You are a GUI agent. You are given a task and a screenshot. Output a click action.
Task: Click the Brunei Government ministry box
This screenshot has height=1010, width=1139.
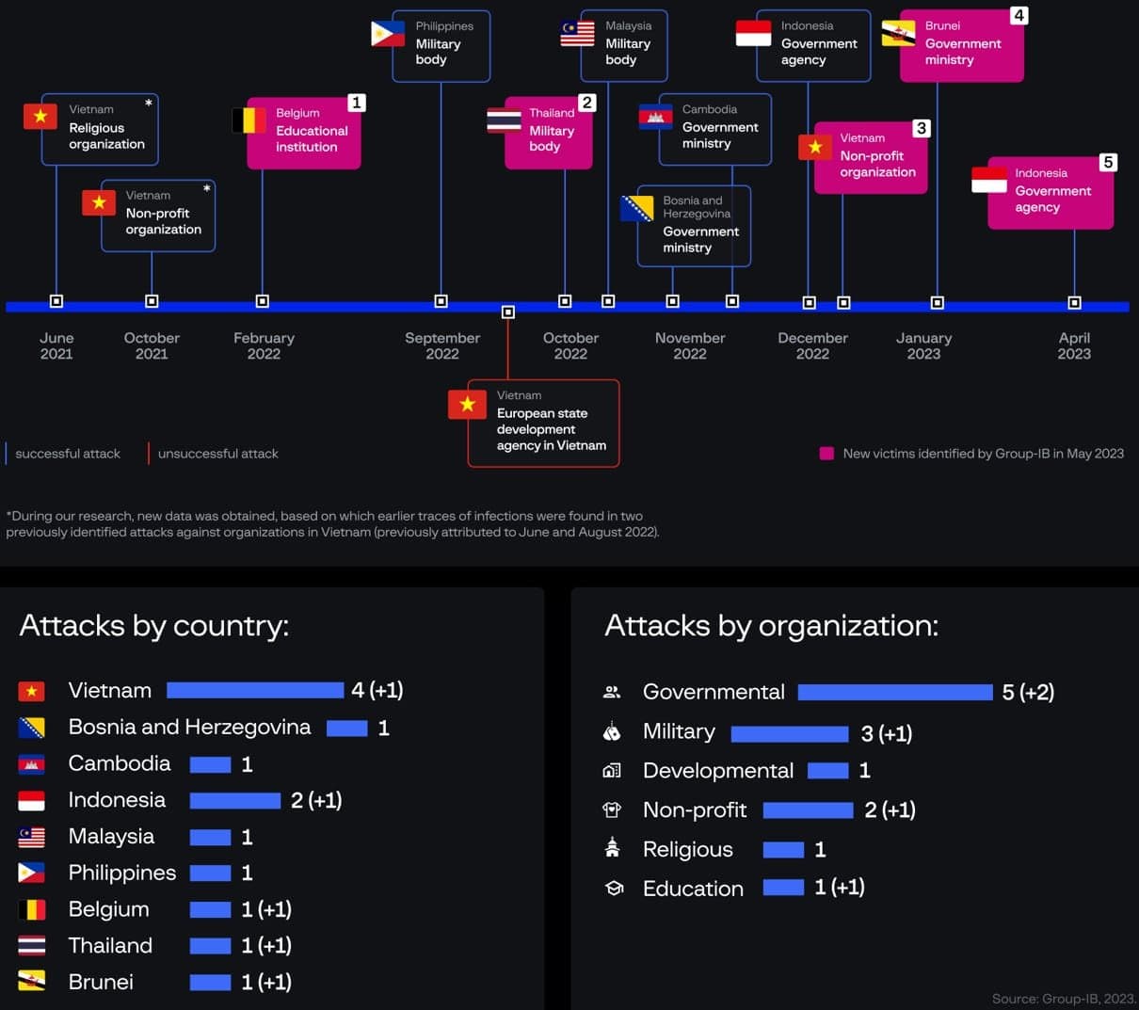[x=961, y=45]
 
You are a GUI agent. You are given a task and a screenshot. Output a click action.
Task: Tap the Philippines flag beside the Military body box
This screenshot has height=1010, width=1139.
[x=388, y=34]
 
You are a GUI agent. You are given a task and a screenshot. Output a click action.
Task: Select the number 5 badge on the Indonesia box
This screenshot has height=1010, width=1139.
[x=1108, y=163]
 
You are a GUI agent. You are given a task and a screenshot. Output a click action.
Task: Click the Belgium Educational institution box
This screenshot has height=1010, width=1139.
[x=304, y=133]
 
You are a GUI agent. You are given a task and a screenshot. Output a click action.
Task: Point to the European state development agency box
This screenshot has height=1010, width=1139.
[x=544, y=423]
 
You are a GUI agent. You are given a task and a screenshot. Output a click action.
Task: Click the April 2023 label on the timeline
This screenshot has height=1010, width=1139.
[x=1074, y=345]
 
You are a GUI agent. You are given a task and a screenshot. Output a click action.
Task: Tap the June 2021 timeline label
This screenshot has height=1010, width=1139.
[x=56, y=345]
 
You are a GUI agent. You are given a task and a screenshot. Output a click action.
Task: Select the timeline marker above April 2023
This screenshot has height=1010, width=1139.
[x=1074, y=302]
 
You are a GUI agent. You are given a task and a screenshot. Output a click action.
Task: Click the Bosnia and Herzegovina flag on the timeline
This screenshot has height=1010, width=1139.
[x=637, y=208]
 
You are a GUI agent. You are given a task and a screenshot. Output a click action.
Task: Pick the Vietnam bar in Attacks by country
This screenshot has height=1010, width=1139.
[x=255, y=690]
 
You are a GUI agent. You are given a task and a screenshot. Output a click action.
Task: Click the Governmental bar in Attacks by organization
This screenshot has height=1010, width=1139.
[x=894, y=693]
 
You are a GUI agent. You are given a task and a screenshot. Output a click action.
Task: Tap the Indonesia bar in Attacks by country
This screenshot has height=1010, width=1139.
[x=235, y=801]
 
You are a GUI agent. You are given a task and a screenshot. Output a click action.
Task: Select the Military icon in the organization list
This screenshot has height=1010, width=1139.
[x=612, y=732]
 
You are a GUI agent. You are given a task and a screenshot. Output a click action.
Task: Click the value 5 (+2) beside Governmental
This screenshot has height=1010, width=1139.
[x=1028, y=693]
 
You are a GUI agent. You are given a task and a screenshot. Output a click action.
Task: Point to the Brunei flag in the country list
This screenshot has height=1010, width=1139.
[x=31, y=982]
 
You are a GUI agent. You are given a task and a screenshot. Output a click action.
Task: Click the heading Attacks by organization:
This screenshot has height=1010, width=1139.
[x=771, y=626]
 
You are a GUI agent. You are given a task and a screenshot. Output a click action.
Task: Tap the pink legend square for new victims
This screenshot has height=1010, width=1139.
[x=826, y=454]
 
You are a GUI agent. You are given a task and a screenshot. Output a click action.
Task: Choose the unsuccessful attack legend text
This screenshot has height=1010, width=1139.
[x=217, y=454]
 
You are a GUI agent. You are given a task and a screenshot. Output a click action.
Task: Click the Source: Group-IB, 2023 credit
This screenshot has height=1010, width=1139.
[x=1064, y=998]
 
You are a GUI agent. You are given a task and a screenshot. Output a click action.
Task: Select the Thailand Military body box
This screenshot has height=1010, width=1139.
[x=548, y=133]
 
